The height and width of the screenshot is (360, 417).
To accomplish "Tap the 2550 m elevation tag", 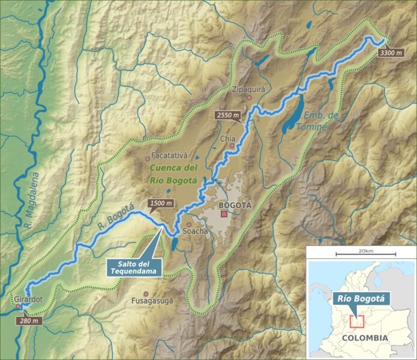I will point(229,115).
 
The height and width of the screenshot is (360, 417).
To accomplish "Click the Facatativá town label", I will point(170,154).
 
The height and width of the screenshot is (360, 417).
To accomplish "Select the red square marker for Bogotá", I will point(224,214).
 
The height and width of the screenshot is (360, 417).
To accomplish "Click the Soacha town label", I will point(196,231).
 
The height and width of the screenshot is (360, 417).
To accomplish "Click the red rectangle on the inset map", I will point(357,320).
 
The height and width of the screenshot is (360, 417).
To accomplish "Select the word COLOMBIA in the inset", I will point(364,338).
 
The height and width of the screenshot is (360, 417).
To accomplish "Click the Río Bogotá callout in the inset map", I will point(360,298).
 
